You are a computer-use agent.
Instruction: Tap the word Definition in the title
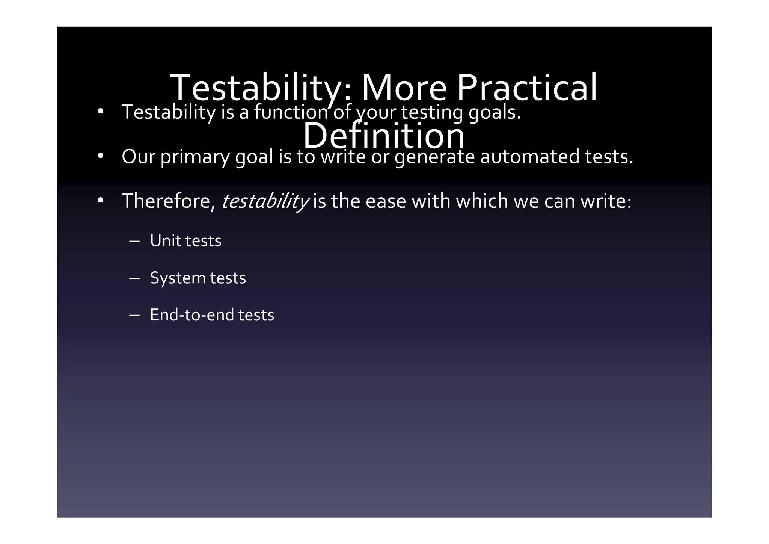pos(383,136)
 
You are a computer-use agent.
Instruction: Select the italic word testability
pos(265,201)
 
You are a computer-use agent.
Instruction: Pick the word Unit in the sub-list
pos(165,241)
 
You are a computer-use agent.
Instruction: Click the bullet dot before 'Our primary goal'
pos(100,156)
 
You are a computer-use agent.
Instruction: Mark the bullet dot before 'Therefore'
pos(100,200)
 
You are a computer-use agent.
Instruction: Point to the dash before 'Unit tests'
pos(134,241)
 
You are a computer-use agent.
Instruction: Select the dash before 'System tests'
pos(134,278)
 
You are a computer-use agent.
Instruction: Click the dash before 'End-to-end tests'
pos(134,315)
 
